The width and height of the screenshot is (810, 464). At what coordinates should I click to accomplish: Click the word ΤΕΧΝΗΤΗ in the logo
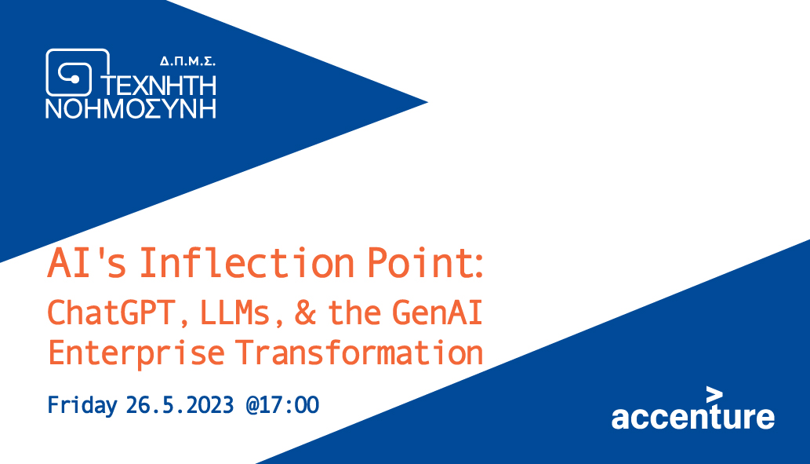[x=158, y=86]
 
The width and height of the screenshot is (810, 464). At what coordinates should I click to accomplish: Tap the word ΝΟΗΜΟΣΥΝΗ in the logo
[x=131, y=108]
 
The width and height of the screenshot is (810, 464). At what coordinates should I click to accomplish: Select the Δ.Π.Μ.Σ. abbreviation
[x=187, y=61]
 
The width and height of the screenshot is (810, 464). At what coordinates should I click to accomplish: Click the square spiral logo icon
[x=78, y=72]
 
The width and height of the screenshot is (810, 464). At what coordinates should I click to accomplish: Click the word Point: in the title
[x=425, y=263]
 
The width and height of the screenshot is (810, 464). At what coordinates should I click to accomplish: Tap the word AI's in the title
[x=87, y=263]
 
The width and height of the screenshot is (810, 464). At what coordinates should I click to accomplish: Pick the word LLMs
[x=235, y=312]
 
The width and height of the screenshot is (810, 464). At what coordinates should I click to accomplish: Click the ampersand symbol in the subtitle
[x=305, y=313]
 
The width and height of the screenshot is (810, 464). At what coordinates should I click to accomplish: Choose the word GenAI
[x=437, y=312]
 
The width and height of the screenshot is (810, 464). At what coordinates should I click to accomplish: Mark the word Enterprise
[x=136, y=353]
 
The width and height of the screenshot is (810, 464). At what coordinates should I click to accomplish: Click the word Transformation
[x=360, y=353]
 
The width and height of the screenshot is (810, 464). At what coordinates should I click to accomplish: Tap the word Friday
[x=82, y=405]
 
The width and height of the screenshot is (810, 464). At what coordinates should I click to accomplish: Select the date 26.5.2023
[x=180, y=405]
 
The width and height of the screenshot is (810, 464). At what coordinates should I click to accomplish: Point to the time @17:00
[x=282, y=405]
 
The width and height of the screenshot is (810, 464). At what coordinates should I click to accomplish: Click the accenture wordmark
[x=692, y=417]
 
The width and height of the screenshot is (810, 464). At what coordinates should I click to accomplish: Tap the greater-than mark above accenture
[x=714, y=395]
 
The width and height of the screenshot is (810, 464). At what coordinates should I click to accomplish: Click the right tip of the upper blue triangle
[x=427, y=102]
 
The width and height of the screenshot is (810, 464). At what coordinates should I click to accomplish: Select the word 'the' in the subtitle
[x=355, y=312]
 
